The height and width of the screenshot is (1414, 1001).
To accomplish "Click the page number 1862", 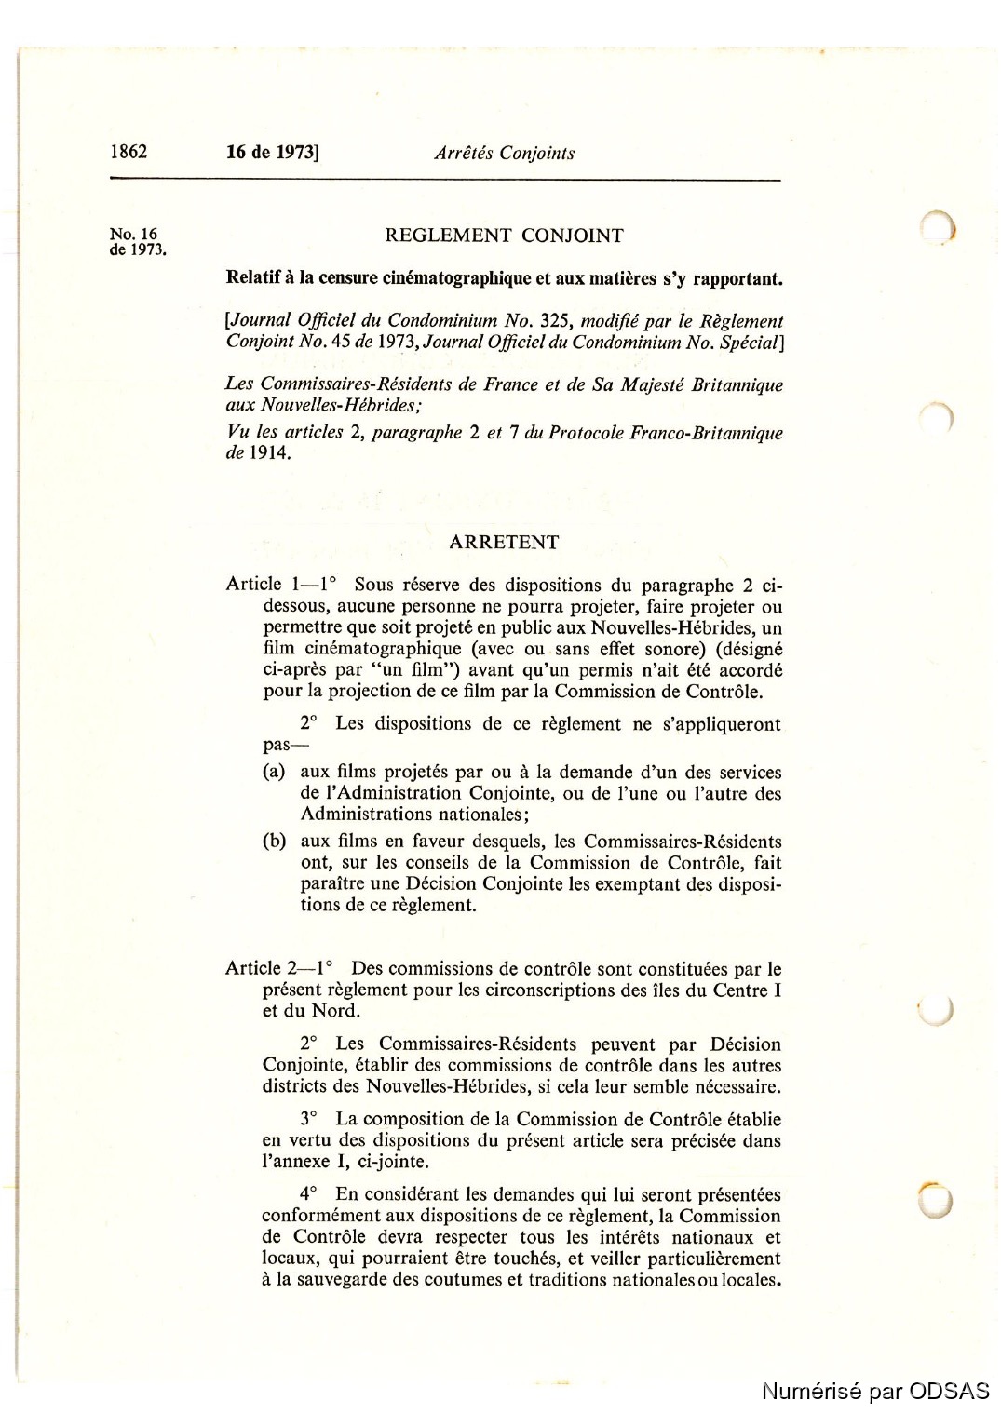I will [x=129, y=152].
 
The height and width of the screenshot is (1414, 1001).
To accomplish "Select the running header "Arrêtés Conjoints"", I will [x=504, y=154].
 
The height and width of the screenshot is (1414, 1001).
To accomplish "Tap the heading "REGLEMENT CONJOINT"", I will [x=504, y=236].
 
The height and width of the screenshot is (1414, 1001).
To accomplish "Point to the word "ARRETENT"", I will [x=504, y=543].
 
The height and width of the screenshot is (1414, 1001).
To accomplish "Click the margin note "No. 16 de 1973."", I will [x=137, y=242].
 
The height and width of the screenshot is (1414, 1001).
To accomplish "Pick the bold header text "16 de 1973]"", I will [x=272, y=153].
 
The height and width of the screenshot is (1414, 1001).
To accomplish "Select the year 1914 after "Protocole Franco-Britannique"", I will [x=269, y=453].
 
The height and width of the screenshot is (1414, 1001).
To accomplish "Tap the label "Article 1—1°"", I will [x=280, y=585].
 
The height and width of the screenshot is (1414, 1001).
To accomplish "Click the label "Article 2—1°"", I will [x=279, y=969].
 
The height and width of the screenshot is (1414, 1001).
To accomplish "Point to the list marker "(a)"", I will [x=274, y=773].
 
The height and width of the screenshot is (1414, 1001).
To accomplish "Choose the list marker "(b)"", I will [x=274, y=842].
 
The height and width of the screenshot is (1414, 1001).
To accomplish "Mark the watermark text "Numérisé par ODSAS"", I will [x=875, y=1391].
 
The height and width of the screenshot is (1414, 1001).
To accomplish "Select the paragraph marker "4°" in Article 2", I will [x=308, y=1194].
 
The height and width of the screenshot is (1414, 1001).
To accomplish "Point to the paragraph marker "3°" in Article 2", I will [x=308, y=1120].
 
